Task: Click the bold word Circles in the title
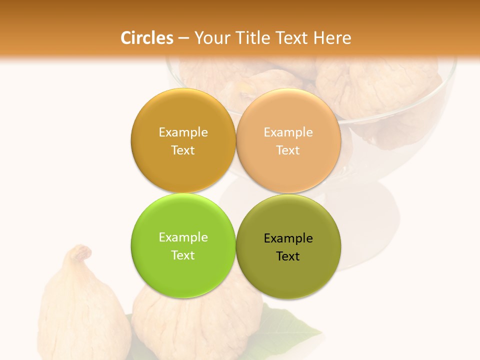(x=146, y=38)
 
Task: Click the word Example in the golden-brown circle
(x=183, y=132)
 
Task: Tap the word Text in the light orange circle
(x=288, y=150)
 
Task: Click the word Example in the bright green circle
(x=183, y=237)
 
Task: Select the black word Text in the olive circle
(x=288, y=256)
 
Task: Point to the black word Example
(x=288, y=238)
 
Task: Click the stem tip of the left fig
(x=80, y=248)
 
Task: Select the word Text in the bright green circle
(x=183, y=255)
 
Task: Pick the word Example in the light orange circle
(x=288, y=132)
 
